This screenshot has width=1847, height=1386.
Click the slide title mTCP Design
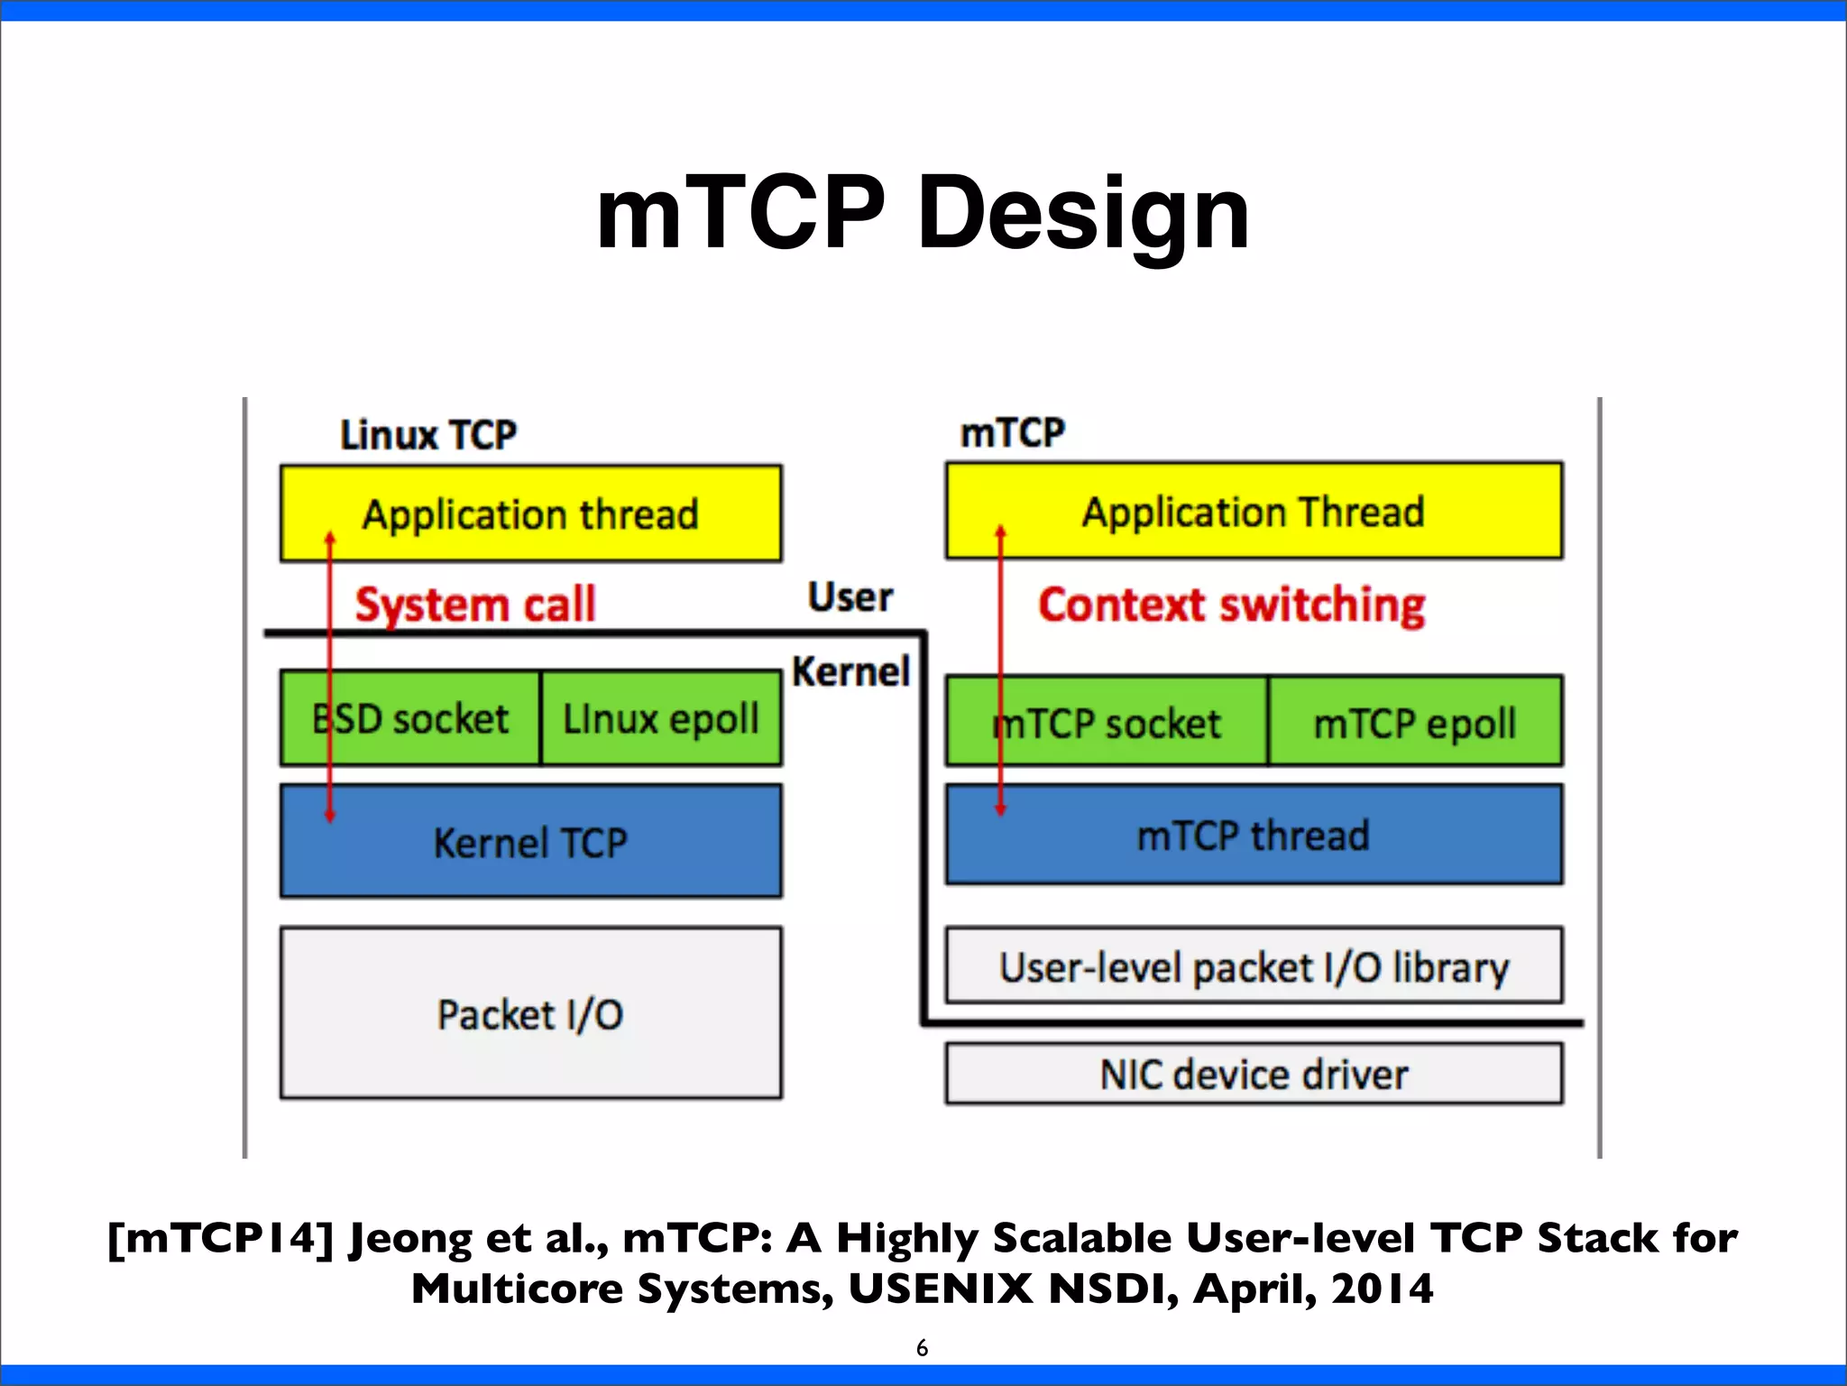(923, 214)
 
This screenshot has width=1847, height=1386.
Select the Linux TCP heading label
(427, 435)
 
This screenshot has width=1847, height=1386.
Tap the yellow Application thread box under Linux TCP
(530, 514)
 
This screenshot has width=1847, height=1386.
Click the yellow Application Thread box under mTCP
(1254, 512)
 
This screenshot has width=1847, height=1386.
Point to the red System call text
(475, 604)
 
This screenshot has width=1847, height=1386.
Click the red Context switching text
(1231, 605)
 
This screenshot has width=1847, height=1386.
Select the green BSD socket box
(410, 719)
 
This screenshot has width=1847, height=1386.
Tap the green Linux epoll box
(661, 719)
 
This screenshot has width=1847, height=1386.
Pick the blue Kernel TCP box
(530, 842)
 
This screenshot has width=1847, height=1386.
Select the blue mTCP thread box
(1254, 835)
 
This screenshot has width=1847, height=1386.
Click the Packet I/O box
(530, 1013)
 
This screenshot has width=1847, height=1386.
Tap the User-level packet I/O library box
(1254, 966)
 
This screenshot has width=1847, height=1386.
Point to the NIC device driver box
(1254, 1074)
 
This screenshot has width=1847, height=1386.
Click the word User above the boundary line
(850, 597)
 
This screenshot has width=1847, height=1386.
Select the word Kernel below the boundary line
(850, 671)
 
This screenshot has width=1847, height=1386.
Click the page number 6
(922, 1347)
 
